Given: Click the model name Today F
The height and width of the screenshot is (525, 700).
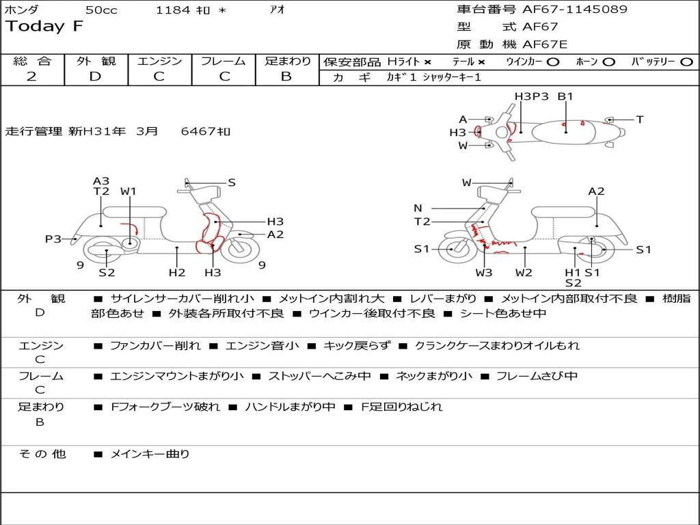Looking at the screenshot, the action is click(44, 27).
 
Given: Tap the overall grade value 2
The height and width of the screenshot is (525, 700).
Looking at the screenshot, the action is click(31, 77).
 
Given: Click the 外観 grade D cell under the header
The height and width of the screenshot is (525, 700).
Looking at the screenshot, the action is click(95, 77).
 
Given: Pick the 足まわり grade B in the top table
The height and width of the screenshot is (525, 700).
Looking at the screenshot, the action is click(286, 77).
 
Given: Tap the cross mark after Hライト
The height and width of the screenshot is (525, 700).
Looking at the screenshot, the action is click(428, 62).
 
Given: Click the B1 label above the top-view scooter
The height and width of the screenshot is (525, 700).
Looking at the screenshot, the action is click(565, 96).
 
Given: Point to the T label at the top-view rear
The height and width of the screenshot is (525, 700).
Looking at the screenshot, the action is click(640, 120).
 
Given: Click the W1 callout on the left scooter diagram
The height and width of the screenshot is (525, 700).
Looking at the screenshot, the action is click(129, 191).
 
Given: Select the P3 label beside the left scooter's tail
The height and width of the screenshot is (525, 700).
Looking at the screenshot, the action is click(53, 239).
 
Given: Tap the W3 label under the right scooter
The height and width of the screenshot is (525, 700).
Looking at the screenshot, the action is click(484, 273).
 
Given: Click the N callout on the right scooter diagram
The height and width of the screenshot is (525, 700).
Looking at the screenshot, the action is click(418, 208).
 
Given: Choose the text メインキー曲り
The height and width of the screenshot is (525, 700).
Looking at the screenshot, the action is click(150, 454).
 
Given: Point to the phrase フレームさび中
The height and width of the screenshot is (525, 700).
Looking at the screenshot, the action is click(537, 376).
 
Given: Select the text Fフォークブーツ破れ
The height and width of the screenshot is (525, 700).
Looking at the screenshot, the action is click(165, 407).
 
